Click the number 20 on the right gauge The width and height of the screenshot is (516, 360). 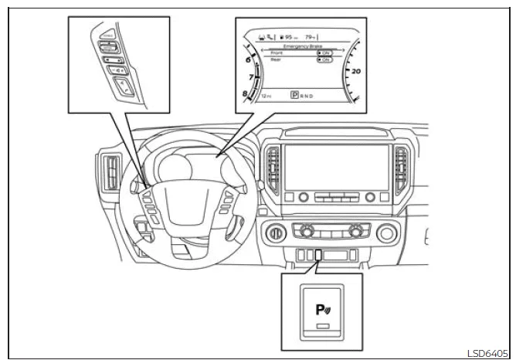356,70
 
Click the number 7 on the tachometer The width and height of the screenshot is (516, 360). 250,78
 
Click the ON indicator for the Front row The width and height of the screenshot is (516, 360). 325,53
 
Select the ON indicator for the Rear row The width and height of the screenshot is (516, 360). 325,59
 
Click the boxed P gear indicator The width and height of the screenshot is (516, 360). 294,97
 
